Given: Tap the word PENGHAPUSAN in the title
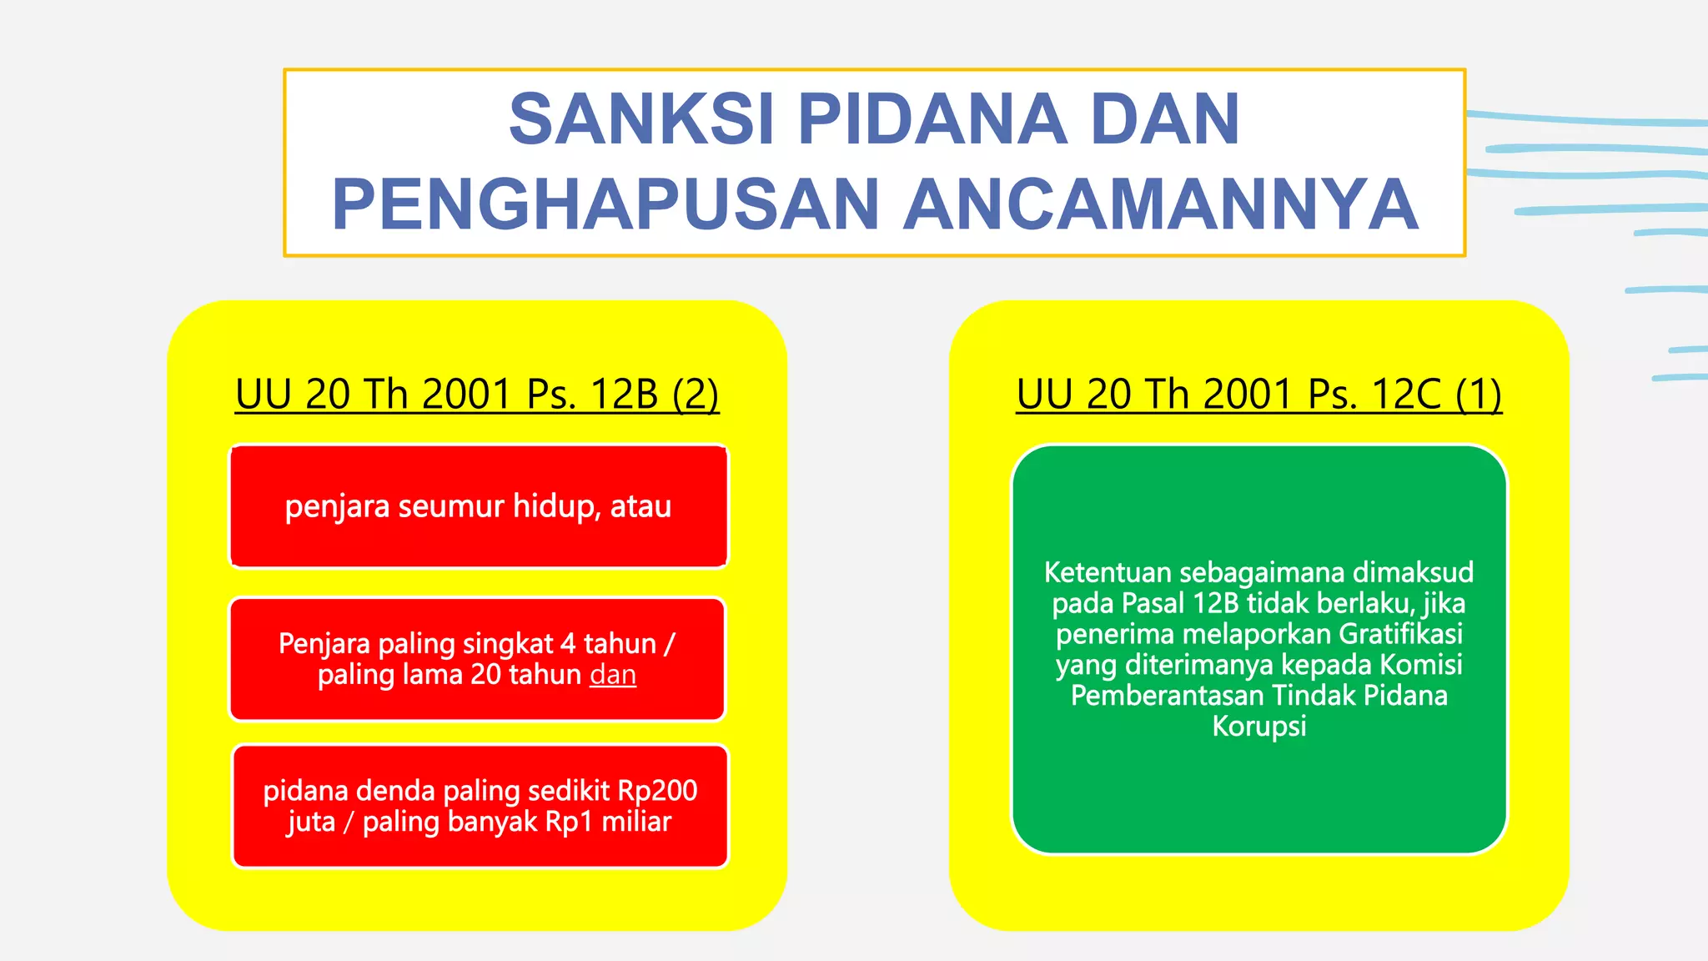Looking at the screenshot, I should [x=606, y=205].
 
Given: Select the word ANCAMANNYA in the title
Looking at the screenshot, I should [x=1161, y=205].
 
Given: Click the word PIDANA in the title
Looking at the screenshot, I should [x=932, y=119].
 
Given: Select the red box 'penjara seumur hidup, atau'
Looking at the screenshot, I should [x=478, y=506].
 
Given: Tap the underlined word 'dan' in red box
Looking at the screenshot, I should [x=613, y=674].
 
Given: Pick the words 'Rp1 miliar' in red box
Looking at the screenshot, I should [x=608, y=822].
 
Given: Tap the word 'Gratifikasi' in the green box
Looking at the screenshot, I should [x=1400, y=634].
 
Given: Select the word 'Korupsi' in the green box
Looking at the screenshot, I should [x=1258, y=726].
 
